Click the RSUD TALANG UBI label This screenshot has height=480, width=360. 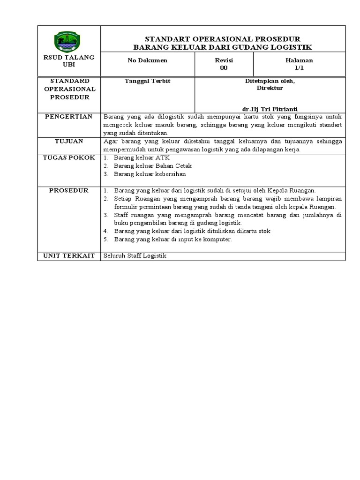point(69,60)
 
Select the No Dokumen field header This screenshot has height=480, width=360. point(147,60)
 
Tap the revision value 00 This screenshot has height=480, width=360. point(224,68)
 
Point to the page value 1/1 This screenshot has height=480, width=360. point(299,68)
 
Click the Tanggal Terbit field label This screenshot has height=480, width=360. point(147,81)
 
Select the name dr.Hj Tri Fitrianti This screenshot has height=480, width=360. point(270,109)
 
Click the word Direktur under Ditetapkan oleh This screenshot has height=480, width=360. point(270,88)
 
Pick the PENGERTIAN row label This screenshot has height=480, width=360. point(69,117)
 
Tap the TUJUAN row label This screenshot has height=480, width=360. point(69,141)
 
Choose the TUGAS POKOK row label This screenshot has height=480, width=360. point(69,157)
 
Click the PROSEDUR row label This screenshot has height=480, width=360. point(69,190)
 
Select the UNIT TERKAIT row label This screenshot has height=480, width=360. point(69,255)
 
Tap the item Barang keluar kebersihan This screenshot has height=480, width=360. point(150,174)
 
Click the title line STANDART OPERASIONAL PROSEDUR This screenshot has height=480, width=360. point(223,38)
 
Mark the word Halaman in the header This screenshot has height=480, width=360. point(299,60)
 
